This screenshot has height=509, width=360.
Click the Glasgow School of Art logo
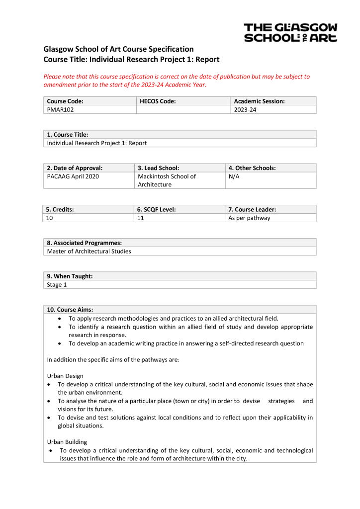pyautogui.click(x=290, y=32)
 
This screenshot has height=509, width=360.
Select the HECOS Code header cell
pyautogui.click(x=158, y=101)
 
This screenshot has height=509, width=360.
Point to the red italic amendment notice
pyautogui.click(x=177, y=81)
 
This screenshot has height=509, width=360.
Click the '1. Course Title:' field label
pyautogui.click(x=68, y=135)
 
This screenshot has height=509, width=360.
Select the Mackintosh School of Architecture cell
pyautogui.click(x=167, y=180)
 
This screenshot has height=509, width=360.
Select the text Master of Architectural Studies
pyautogui.click(x=89, y=251)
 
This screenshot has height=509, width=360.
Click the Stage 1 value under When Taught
pyautogui.click(x=57, y=285)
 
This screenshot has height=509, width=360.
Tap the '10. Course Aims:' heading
pyautogui.click(x=70, y=310)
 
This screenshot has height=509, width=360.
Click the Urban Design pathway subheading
pyautogui.click(x=65, y=376)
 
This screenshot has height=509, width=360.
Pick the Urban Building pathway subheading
pyautogui.click(x=68, y=441)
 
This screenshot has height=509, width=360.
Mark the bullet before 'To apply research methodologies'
pyautogui.click(x=60, y=318)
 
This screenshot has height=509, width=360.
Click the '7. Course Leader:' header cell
pyautogui.click(x=252, y=210)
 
